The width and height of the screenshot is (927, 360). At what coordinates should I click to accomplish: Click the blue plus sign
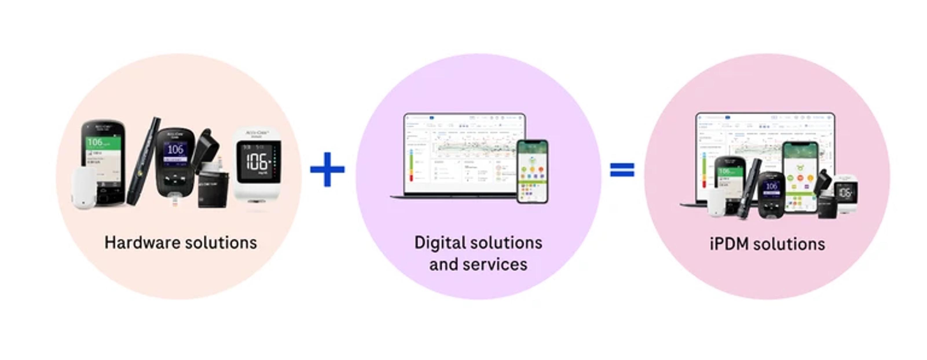tap(327, 169)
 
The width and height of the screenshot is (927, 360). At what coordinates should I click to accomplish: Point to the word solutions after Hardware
tap(221, 243)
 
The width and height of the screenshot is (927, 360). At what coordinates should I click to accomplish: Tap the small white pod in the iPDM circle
tap(721, 203)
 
